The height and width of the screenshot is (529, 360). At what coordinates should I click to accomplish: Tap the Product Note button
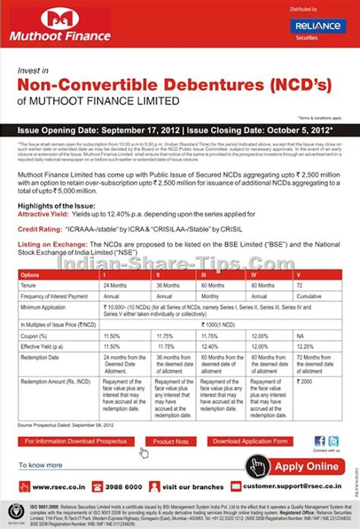pos(171,441)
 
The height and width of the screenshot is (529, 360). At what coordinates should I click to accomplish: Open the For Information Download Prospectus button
pos(75,441)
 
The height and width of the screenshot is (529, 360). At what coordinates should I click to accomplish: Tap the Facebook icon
pos(320,441)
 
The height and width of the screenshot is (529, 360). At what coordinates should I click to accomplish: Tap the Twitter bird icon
pos(333,441)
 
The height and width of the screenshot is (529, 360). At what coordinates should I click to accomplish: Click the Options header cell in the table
pos(30,274)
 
